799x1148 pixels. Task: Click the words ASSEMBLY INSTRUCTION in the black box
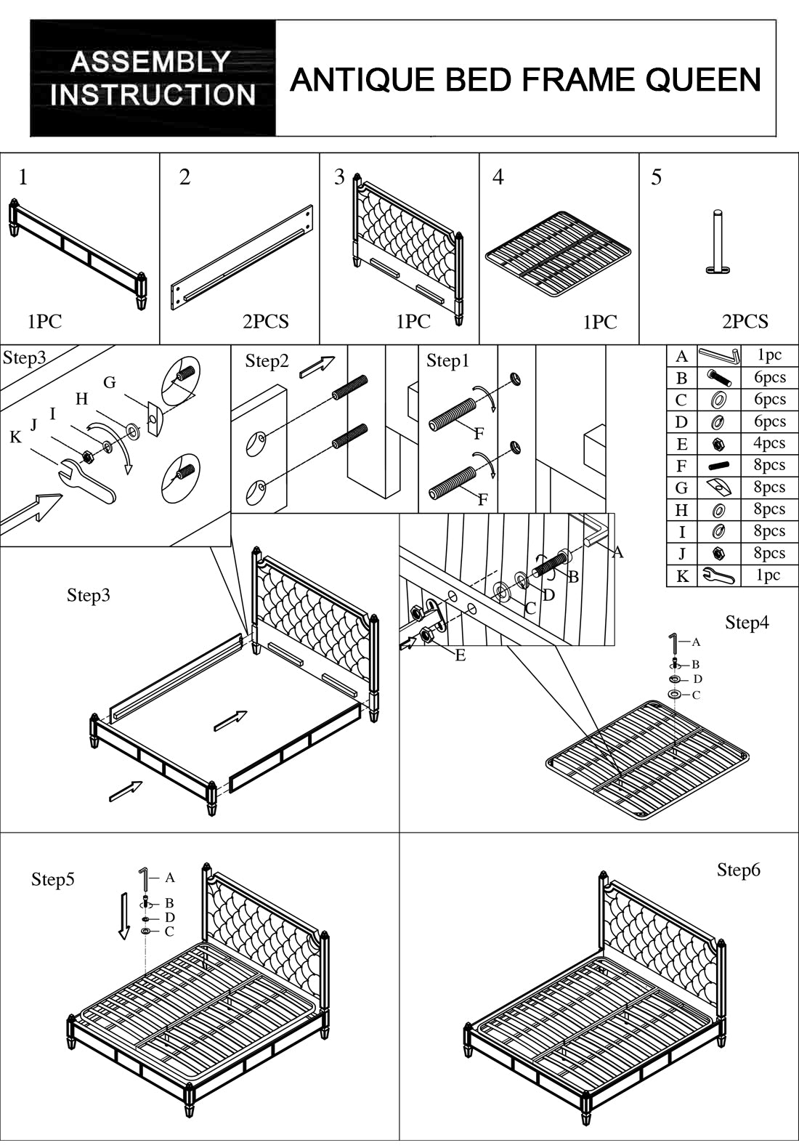click(153, 78)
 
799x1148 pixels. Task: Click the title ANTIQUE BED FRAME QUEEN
click(525, 79)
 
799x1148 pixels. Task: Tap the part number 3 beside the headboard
click(339, 177)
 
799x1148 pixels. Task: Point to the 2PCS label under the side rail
click(265, 321)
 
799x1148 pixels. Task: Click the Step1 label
click(447, 360)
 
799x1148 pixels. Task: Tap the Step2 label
click(267, 361)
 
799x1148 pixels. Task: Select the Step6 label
click(738, 870)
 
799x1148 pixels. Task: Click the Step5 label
click(52, 879)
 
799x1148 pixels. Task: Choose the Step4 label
click(747, 622)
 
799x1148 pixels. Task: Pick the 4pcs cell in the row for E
click(769, 443)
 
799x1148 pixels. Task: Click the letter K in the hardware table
click(681, 576)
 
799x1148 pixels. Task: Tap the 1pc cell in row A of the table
click(769, 355)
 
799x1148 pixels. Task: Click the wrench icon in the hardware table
click(718, 576)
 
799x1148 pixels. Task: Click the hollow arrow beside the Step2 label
click(317, 365)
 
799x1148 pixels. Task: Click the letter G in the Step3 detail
click(110, 382)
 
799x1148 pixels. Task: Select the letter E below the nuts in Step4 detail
click(460, 655)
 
